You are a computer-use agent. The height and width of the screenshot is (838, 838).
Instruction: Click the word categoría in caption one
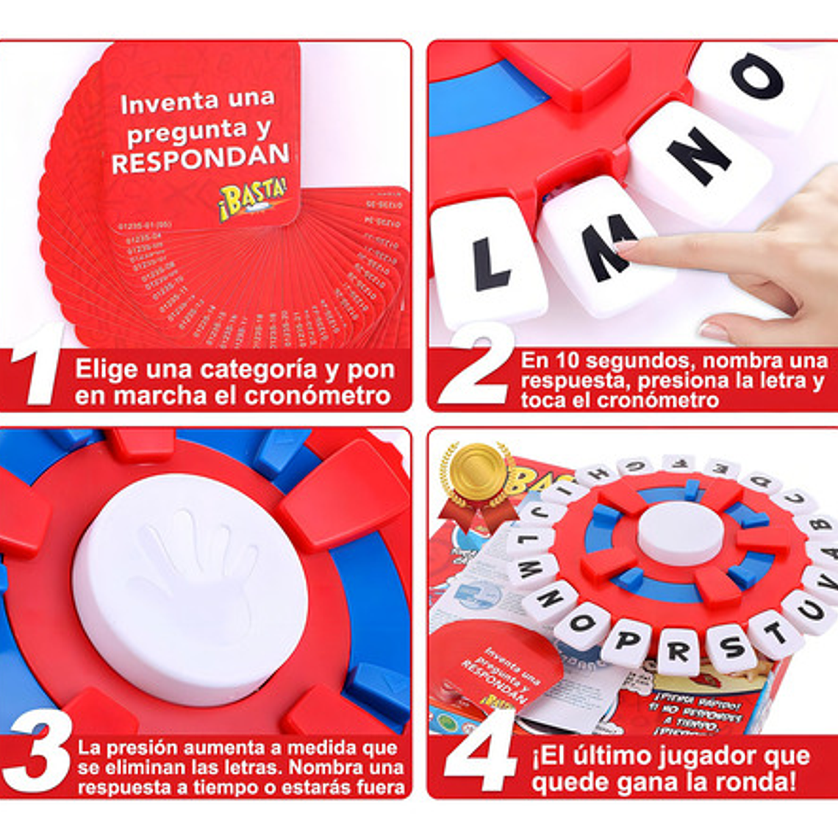click(x=257, y=370)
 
